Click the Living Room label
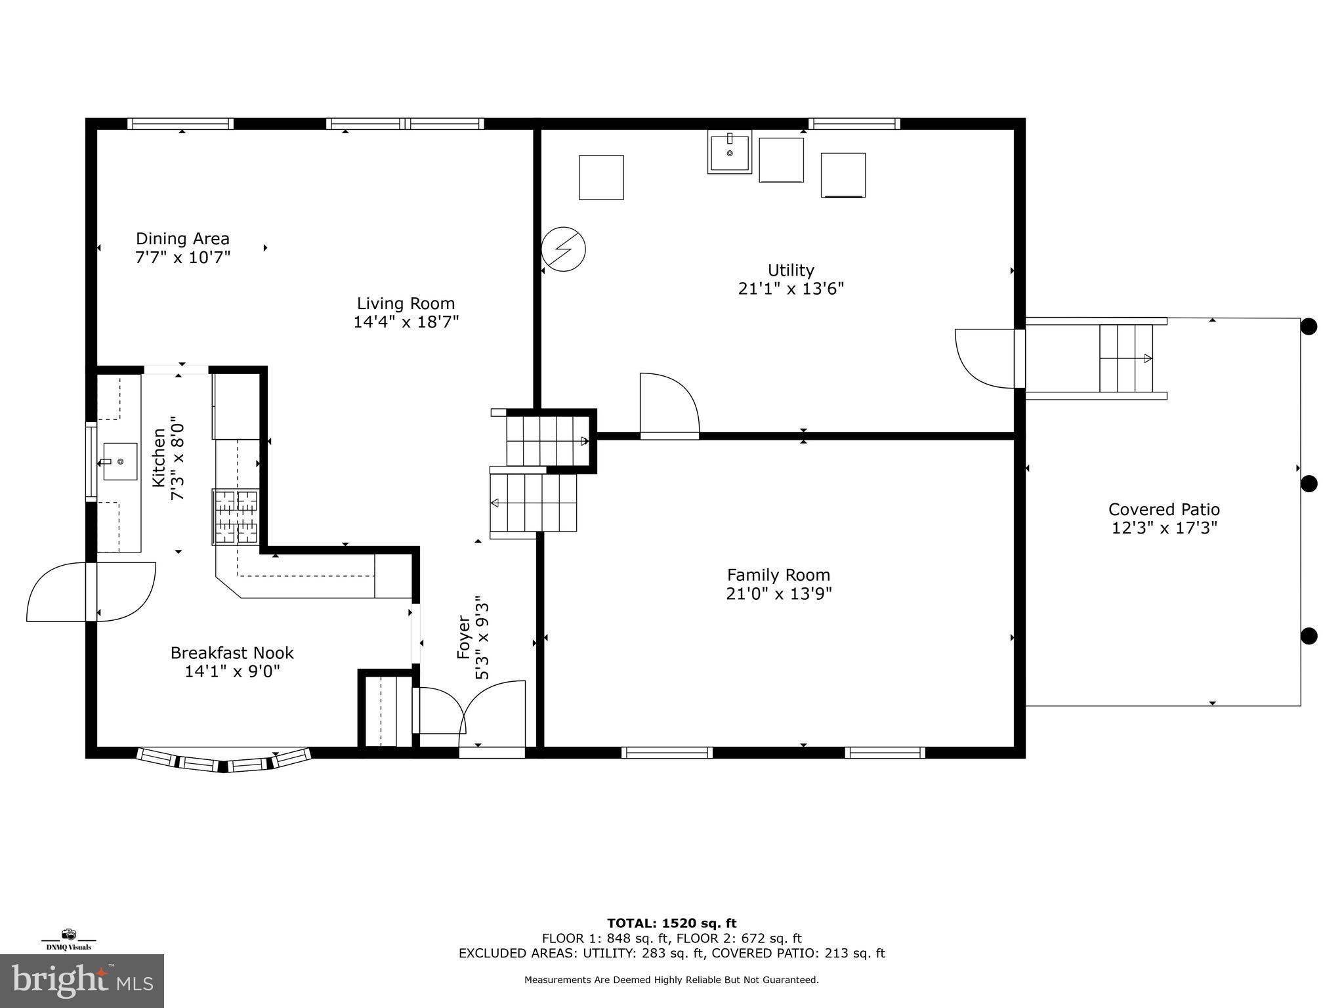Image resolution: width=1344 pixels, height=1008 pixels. [406, 304]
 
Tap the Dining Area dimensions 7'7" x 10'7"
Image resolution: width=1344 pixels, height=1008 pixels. [183, 257]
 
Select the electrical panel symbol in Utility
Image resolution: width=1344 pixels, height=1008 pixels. [563, 249]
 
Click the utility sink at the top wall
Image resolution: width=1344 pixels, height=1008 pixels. [729, 152]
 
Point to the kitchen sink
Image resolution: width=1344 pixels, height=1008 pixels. [119, 461]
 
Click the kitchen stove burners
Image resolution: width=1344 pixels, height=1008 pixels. [235, 517]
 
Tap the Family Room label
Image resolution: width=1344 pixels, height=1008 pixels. [778, 576]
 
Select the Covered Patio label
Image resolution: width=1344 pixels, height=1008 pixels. [1164, 509]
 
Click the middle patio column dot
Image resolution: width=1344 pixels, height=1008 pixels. [1309, 484]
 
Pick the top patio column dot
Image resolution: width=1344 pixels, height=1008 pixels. [1309, 326]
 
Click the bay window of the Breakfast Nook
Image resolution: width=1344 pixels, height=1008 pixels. [224, 761]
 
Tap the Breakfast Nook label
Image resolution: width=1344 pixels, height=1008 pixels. [232, 653]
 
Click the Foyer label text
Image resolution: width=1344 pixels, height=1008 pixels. [463, 637]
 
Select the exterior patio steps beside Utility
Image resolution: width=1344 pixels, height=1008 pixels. [1126, 358]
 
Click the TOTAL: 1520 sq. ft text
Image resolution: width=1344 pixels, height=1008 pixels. [671, 923]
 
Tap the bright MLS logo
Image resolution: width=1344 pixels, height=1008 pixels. [81, 981]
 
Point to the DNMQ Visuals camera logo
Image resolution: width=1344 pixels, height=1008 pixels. [68, 935]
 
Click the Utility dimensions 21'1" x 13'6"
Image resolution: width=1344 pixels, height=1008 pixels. [791, 289]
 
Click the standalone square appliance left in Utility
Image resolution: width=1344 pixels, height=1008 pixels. [600, 177]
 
